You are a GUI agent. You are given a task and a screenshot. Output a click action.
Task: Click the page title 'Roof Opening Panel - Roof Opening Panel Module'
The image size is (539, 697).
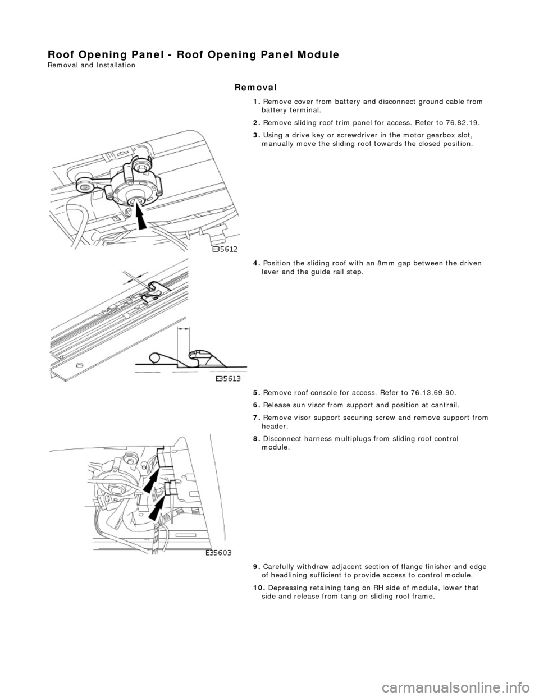pos(193,54)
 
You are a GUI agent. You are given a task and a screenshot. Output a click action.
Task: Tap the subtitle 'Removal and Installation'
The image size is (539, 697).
pos(92,65)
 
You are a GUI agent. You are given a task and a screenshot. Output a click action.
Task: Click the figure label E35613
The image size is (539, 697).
pos(230,379)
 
